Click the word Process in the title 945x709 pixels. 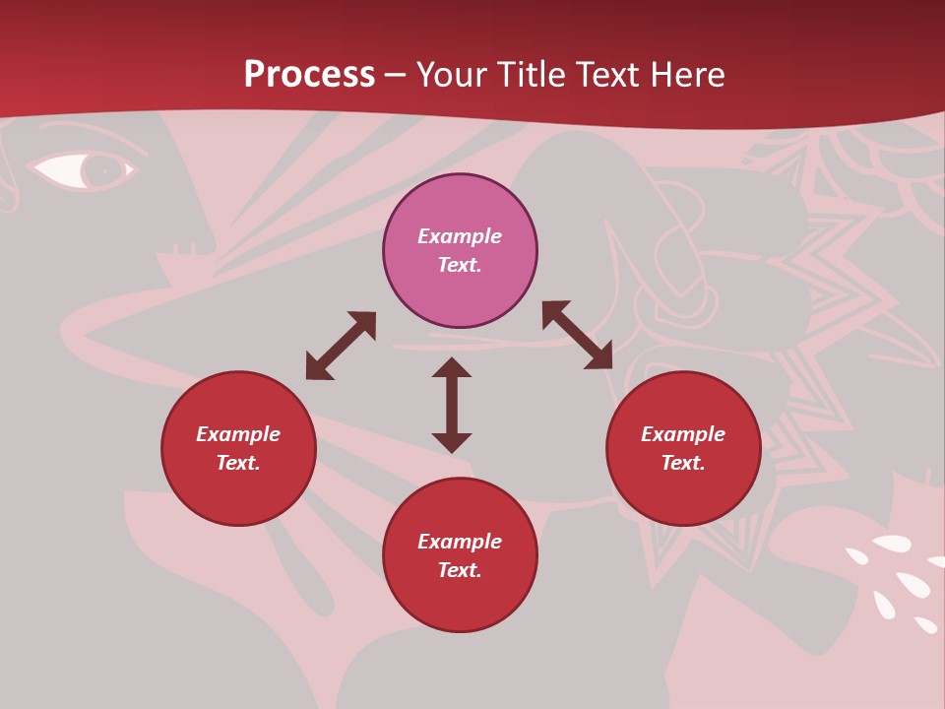309,75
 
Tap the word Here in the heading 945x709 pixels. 685,75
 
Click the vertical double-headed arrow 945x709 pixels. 452,405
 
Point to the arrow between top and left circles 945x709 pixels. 341,346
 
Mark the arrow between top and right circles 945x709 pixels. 577,335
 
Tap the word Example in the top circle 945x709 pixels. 460,236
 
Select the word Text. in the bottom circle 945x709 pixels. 460,570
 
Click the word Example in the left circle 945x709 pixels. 238,434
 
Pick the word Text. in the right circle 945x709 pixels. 683,463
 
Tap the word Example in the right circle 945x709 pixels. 683,434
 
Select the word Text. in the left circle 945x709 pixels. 238,463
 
